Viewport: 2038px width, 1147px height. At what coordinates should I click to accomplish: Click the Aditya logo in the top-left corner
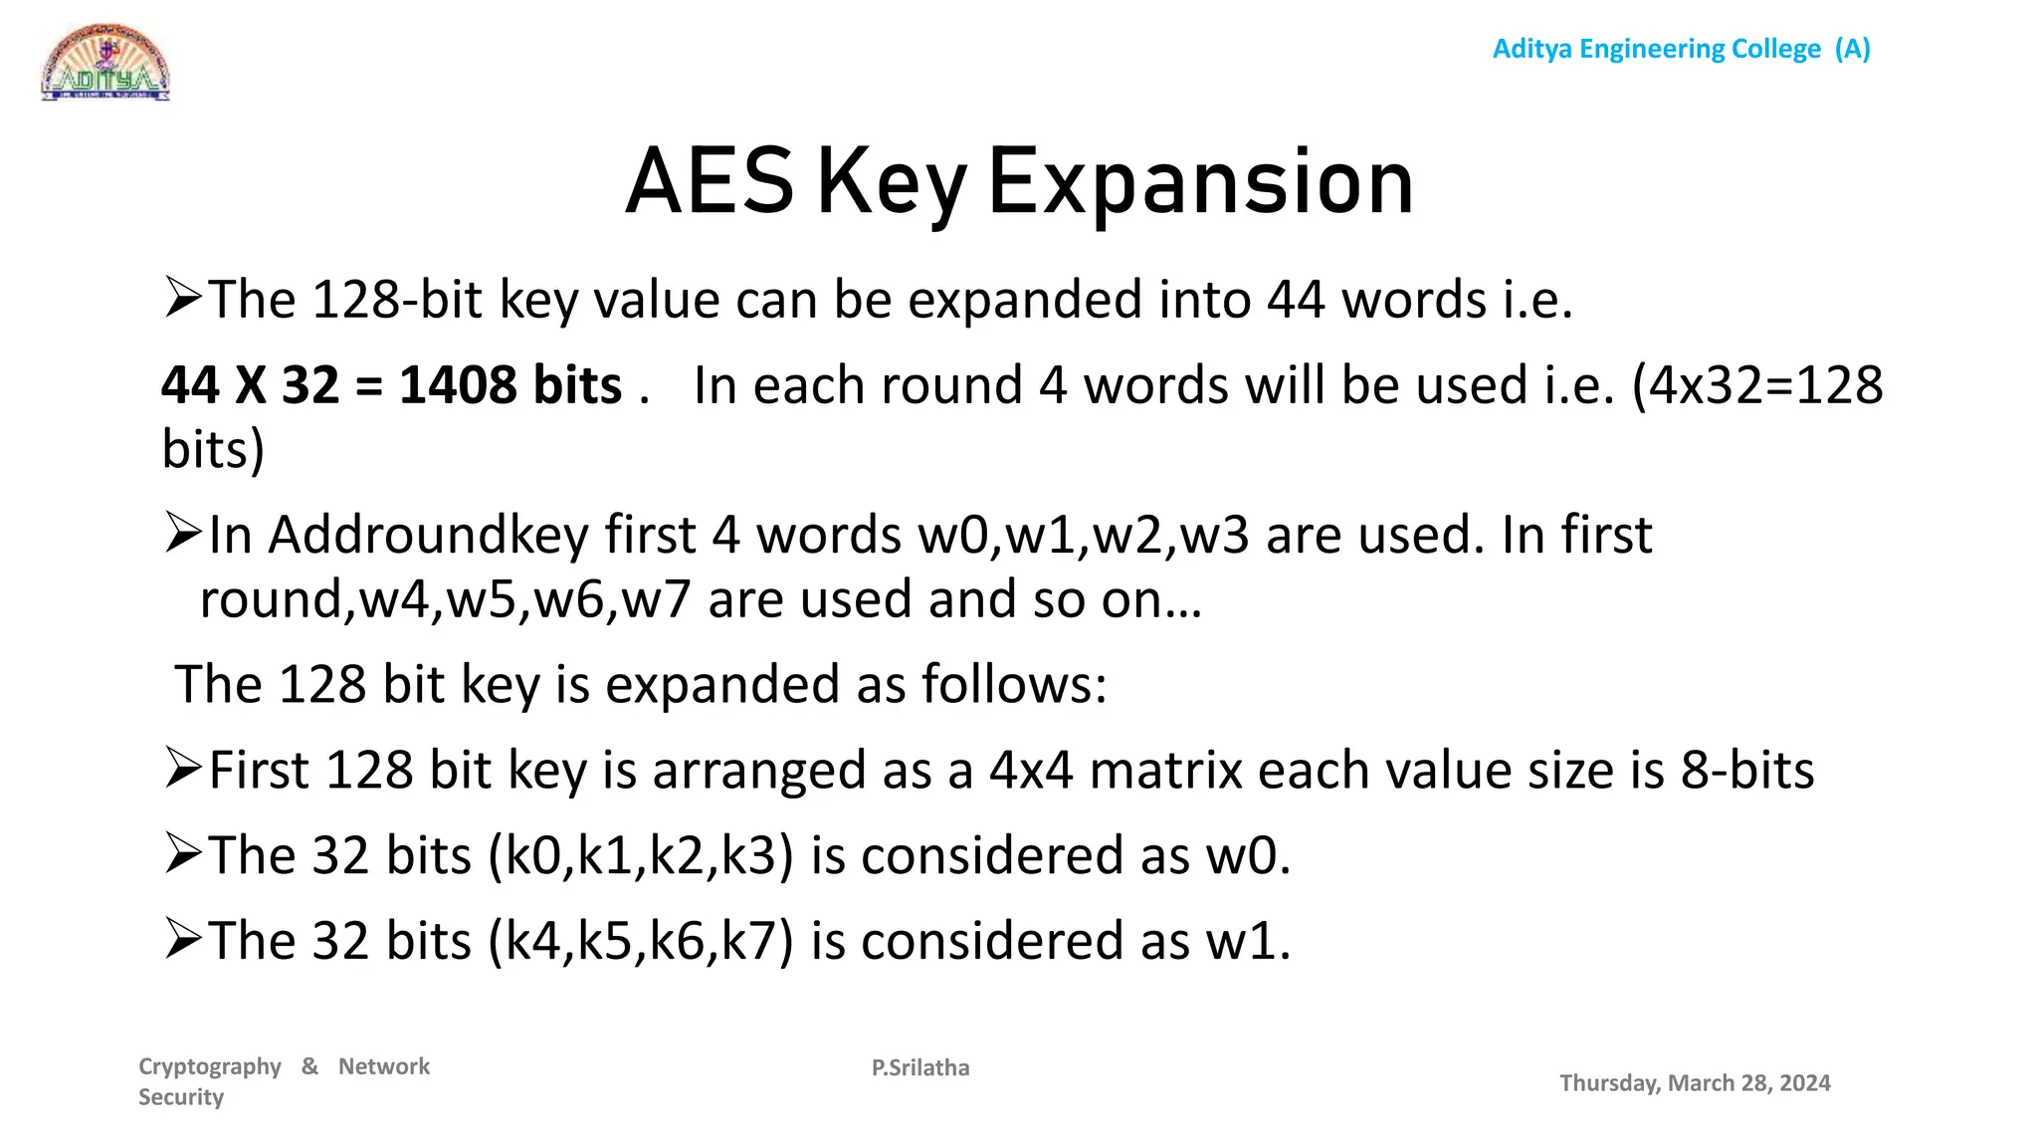105,63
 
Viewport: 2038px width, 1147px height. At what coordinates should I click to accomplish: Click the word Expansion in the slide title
1200,182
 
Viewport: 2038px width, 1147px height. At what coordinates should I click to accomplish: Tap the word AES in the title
710,182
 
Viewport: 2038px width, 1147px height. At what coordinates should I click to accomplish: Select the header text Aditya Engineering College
1656,49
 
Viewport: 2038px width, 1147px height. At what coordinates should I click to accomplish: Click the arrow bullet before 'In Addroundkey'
184,533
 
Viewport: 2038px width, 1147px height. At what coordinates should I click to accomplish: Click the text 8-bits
1747,771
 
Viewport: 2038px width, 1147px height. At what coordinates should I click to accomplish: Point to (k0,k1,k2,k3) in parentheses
641,856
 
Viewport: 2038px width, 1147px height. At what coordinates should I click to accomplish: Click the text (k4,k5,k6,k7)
641,941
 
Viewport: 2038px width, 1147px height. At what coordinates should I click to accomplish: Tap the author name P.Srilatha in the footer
920,1067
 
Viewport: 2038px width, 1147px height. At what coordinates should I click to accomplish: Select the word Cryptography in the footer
210,1066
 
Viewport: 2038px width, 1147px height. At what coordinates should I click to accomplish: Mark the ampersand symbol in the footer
310,1066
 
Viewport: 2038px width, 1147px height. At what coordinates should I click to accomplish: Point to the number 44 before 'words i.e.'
1296,300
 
